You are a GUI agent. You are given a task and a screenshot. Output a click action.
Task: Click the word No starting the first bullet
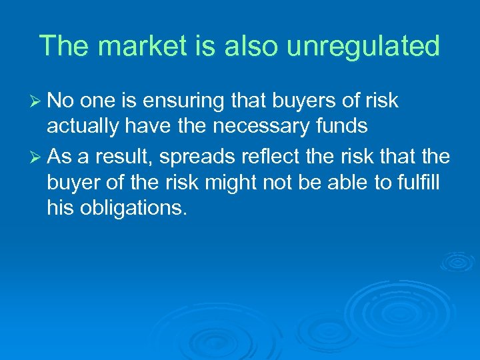tap(61, 101)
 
